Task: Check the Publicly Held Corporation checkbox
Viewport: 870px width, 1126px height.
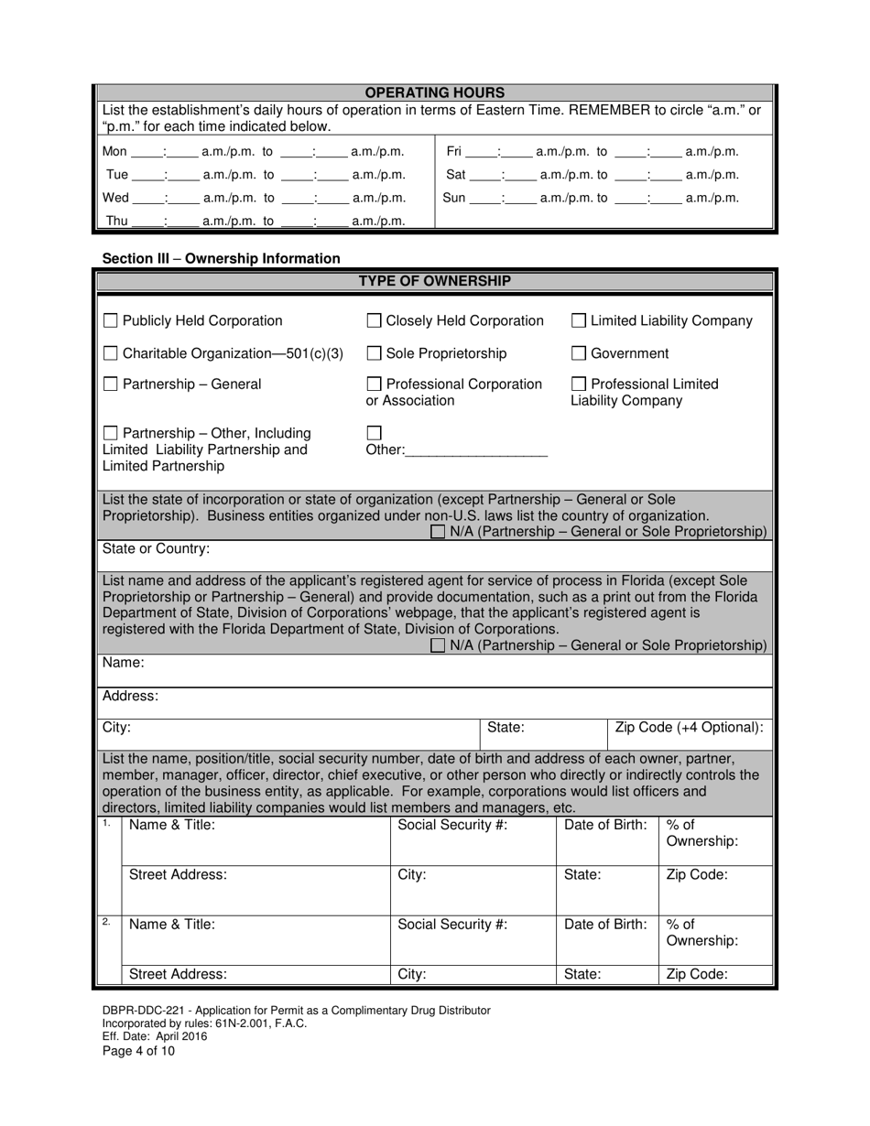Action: pos(110,321)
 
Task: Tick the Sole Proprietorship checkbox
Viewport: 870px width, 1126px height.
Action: pos(374,353)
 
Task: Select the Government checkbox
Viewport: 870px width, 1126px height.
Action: pos(579,353)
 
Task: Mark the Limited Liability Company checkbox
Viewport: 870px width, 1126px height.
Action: pos(579,321)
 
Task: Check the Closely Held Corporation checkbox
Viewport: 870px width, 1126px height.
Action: pos(374,321)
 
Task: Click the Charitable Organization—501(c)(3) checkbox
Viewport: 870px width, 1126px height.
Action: pos(110,353)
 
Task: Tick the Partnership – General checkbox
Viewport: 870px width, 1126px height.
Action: pos(110,384)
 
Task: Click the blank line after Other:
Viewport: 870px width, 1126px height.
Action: pos(475,450)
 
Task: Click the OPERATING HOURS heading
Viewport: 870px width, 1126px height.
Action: pos(435,92)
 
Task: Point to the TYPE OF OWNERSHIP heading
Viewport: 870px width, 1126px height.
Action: pos(435,281)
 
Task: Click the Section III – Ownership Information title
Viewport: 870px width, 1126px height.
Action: pos(221,259)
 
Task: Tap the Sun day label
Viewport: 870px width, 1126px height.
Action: pos(454,198)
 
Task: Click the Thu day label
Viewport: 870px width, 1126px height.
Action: pos(116,221)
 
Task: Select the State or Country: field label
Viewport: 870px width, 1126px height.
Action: pos(156,549)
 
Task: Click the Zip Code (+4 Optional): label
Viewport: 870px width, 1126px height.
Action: pos(689,728)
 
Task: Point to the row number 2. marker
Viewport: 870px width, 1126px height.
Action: pos(107,922)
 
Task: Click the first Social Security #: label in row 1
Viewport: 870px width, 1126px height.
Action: pos(452,825)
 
